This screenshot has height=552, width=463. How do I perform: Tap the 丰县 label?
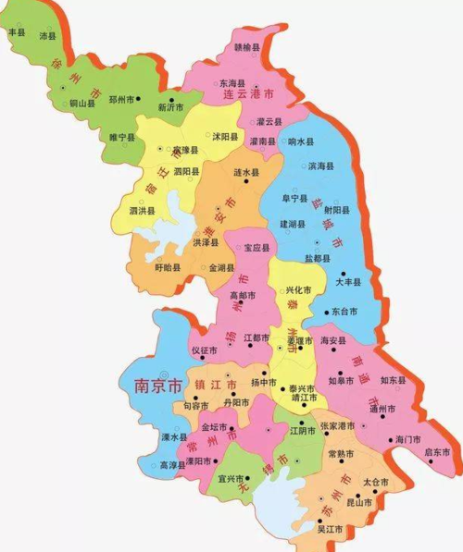pos(17,32)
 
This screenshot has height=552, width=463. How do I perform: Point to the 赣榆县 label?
pos(247,47)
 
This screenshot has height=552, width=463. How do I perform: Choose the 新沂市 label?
pos(172,107)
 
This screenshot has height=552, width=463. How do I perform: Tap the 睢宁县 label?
pos(122,137)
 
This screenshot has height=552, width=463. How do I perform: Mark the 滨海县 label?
pos(320,166)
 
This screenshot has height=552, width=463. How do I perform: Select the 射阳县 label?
pos(336,209)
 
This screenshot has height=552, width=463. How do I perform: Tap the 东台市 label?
pos(344,312)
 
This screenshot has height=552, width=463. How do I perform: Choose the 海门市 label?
pos(407,438)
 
